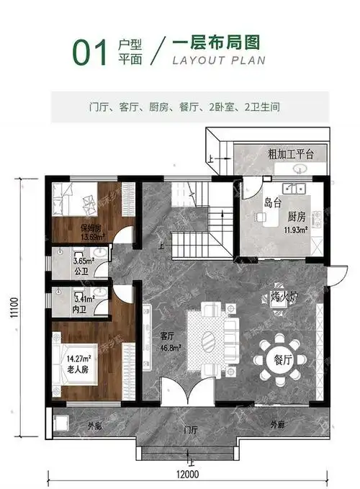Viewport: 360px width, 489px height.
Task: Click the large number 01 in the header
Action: click(x=91, y=53)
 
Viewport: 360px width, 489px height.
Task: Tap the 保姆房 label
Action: click(x=91, y=229)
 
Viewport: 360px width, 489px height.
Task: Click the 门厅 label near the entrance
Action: click(x=190, y=430)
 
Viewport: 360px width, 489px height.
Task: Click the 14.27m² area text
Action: click(x=78, y=358)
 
